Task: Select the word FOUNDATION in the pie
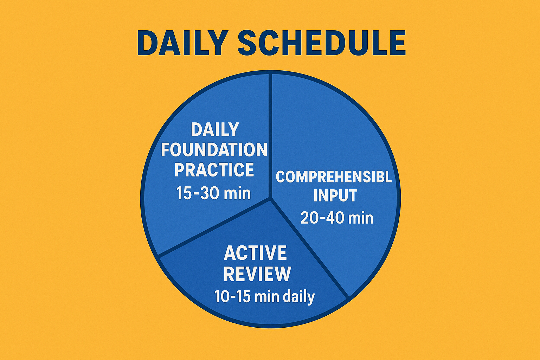[214, 150]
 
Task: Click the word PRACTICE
[214, 170]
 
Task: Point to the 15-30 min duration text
[213, 193]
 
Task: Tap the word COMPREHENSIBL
[334, 176]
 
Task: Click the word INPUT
[335, 196]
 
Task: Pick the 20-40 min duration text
[337, 218]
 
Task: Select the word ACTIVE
[255, 253]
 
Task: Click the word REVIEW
[257, 274]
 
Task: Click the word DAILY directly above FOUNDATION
[215, 130]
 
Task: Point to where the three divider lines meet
[270, 199]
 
